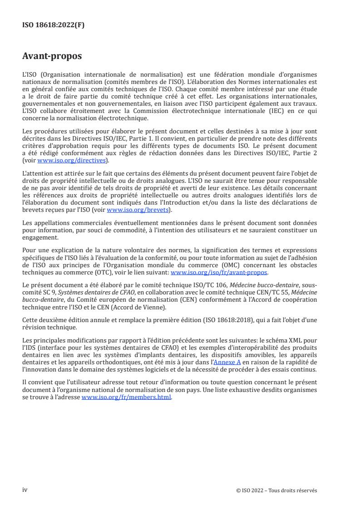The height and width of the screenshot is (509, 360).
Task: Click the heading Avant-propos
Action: click(52, 57)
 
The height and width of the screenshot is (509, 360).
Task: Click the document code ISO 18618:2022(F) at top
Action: click(53, 25)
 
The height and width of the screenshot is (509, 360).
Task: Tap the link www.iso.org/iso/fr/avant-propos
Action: click(219, 273)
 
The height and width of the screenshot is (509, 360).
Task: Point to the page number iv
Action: click(25, 490)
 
